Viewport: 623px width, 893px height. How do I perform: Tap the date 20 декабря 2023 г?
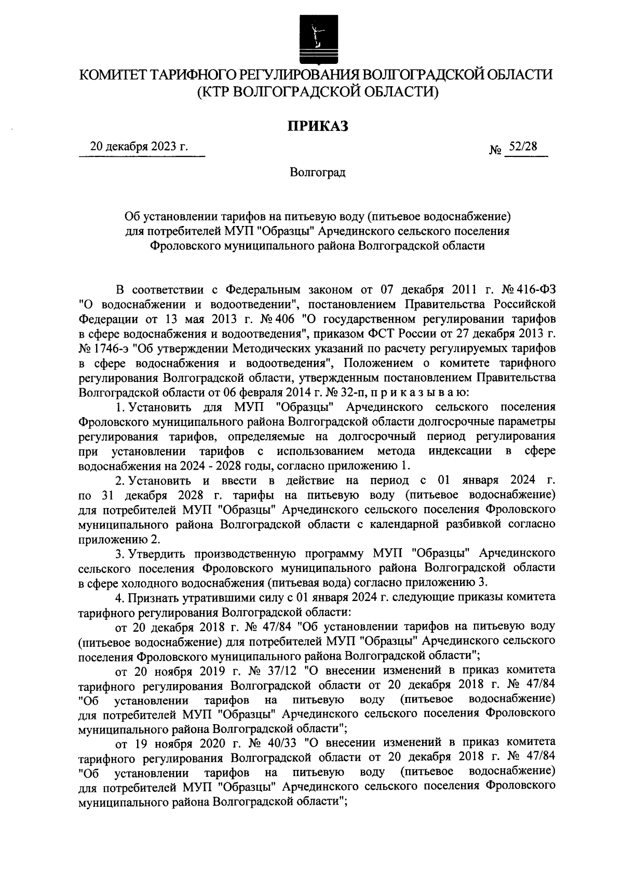point(139,147)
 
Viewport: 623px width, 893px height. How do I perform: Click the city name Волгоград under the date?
point(318,172)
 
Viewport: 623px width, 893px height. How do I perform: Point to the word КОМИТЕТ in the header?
point(112,75)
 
